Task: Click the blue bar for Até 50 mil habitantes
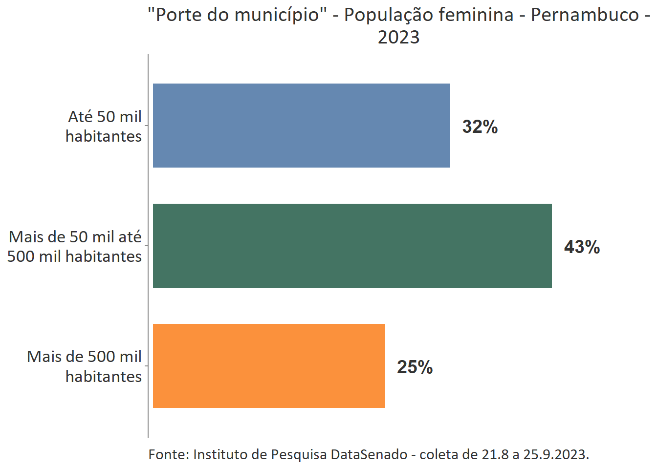tap(301, 126)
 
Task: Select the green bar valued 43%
tap(352, 246)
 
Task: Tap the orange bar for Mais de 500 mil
tap(269, 366)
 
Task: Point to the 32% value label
tap(480, 127)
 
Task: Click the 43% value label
tap(582, 247)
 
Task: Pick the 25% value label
tap(415, 367)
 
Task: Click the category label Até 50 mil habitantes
tap(104, 127)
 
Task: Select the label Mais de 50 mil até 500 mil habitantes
tap(75, 247)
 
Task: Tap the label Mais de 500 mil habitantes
tap(85, 366)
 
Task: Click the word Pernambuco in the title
tap(585, 15)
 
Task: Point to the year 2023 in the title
tap(398, 38)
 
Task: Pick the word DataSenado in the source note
tap(369, 454)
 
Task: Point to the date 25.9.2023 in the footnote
tap(556, 454)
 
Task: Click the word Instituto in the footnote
tap(220, 454)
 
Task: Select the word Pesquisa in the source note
tap(299, 454)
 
